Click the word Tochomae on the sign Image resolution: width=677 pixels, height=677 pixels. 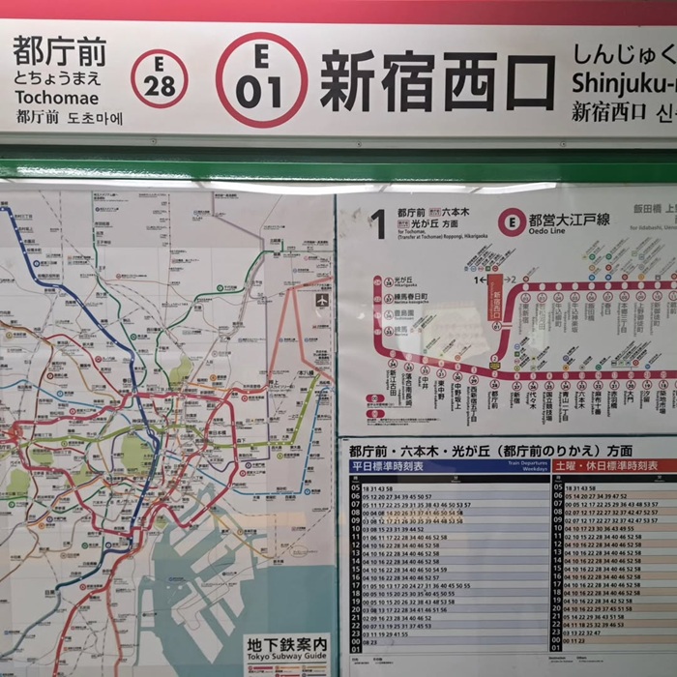point(56,99)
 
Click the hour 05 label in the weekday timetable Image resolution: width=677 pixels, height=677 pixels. point(355,487)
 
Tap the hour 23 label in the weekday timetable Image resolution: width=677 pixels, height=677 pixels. point(355,633)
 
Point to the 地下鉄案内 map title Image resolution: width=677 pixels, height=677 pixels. point(286,645)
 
